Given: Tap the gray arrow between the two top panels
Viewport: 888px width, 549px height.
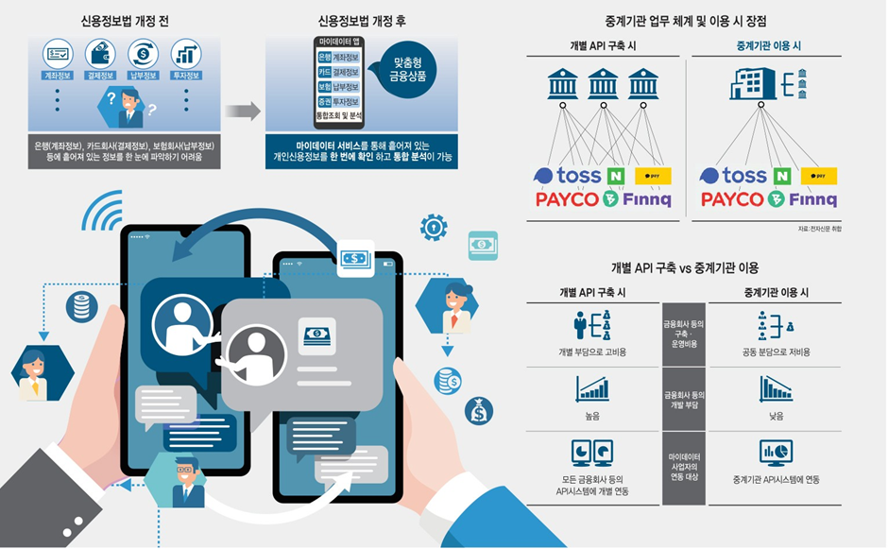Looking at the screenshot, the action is point(242,111).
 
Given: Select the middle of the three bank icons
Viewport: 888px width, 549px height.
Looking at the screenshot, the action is point(604,83).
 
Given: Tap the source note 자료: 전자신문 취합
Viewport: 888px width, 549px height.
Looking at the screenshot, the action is point(818,229).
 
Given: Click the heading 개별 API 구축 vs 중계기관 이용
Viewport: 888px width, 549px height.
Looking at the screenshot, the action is point(684,267).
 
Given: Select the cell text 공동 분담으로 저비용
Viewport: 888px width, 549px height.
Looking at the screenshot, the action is point(776,352).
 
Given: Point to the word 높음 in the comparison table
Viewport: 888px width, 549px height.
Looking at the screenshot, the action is point(592,415).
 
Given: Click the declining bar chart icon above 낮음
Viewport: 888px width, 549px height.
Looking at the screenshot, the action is point(776,388).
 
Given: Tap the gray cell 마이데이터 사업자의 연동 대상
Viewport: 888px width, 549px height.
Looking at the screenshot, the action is point(684,466).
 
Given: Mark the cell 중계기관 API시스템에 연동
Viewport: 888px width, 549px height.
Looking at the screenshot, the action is point(776,480).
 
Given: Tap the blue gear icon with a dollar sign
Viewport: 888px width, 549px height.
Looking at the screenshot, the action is point(433,226).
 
